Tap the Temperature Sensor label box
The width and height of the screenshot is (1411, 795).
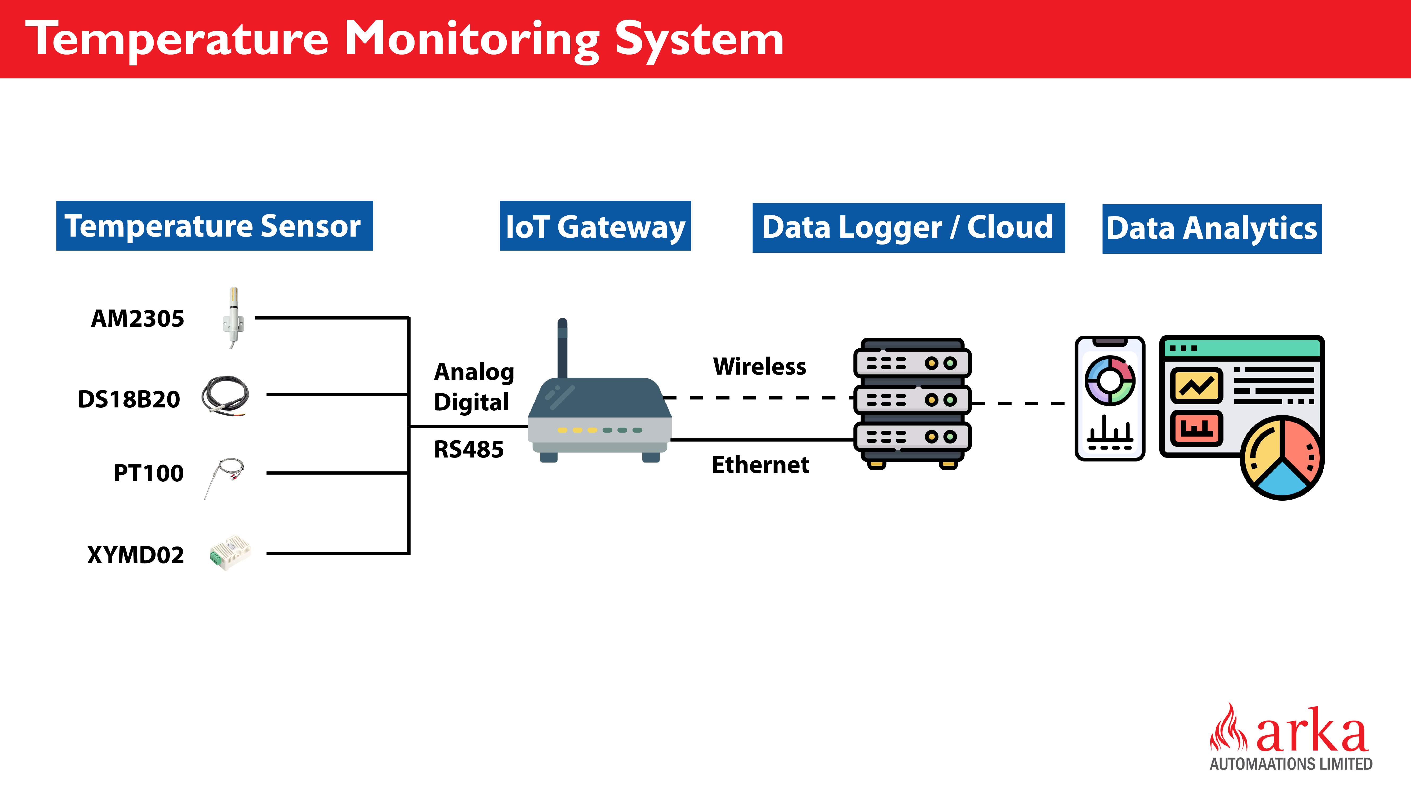[x=214, y=226]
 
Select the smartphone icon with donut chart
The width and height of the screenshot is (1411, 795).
[x=1110, y=398]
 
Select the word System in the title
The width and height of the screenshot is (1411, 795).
[x=700, y=39]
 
